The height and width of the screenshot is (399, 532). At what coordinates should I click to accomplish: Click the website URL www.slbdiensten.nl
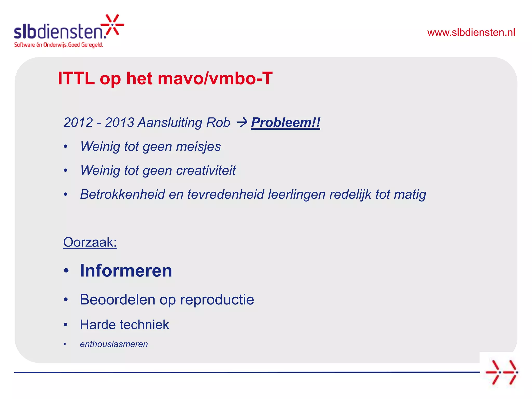[x=471, y=32]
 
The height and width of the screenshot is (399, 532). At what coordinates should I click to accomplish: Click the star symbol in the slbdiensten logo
[x=112, y=25]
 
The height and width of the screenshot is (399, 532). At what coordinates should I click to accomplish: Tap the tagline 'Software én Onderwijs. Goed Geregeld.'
[x=58, y=45]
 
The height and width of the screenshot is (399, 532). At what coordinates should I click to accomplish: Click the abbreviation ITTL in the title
[x=76, y=78]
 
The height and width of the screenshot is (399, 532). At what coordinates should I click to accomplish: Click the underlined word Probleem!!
[x=285, y=122]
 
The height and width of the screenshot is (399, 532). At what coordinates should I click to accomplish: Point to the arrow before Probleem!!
[x=242, y=122]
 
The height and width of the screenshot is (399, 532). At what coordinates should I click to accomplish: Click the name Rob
[x=218, y=122]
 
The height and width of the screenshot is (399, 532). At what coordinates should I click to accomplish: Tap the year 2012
[x=78, y=122]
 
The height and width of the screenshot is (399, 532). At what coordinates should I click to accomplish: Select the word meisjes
[x=198, y=146]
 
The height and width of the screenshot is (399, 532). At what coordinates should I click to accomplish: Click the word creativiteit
[x=206, y=170]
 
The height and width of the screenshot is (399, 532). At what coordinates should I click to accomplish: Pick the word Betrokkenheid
[x=122, y=194]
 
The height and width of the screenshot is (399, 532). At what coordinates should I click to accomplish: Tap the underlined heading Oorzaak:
[x=90, y=242]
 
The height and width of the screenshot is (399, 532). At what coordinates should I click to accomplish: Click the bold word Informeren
[x=126, y=271]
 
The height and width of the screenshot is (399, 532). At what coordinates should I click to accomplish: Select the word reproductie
[x=217, y=300]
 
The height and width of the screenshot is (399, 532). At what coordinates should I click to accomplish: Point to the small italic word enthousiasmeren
[x=114, y=344]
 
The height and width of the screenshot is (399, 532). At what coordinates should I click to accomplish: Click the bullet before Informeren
[x=66, y=271]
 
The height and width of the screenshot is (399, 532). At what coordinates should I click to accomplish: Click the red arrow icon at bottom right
[x=502, y=372]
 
